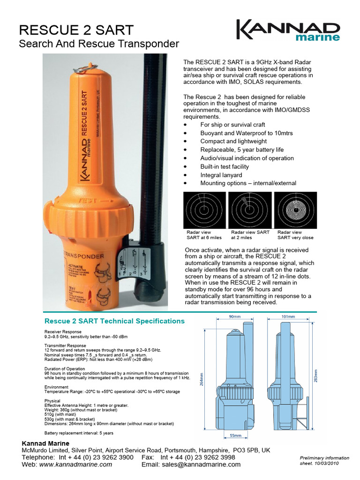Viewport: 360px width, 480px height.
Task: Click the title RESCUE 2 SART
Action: tap(76, 30)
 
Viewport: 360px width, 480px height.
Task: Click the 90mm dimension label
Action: tap(234, 317)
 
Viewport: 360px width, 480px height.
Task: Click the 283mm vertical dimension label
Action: tap(315, 375)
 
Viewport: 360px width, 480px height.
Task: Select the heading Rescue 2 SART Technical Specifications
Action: tap(114, 321)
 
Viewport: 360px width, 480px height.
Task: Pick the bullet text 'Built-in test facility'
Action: tap(225, 166)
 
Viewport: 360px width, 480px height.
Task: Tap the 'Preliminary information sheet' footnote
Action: tap(324, 460)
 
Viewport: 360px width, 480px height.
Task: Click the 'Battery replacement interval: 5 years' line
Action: tap(79, 433)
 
